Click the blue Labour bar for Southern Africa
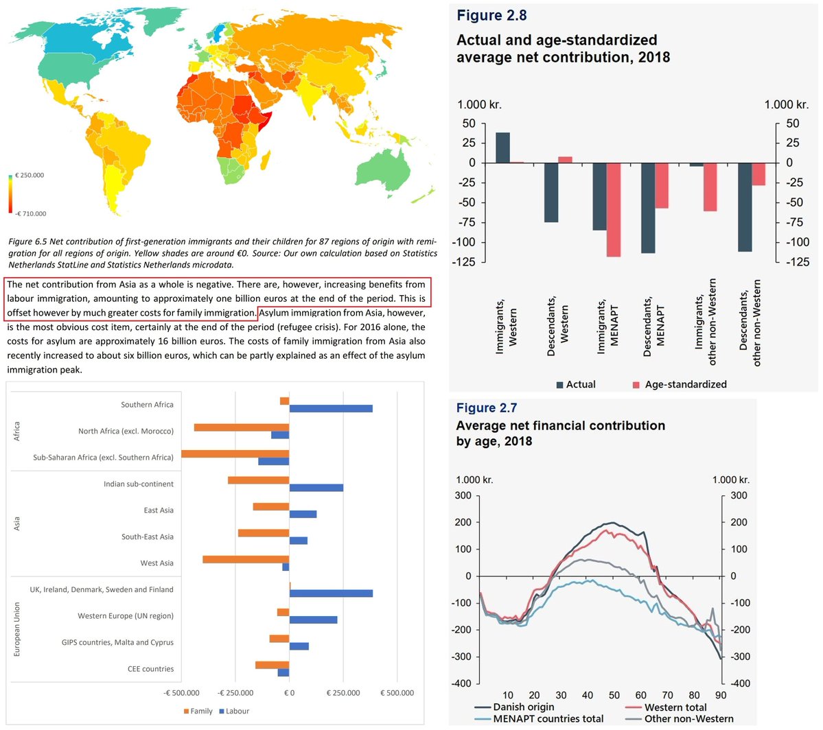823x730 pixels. [331, 409]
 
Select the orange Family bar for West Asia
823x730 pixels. [246, 559]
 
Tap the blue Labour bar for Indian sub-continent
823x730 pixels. [316, 488]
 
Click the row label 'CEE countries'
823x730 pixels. [150, 669]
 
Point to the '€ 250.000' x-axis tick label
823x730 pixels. [343, 693]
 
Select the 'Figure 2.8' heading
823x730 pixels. [491, 16]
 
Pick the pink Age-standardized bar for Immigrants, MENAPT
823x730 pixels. [613, 209]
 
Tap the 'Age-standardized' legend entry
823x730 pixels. [685, 384]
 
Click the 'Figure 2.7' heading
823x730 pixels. [487, 408]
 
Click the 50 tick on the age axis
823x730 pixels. [614, 695]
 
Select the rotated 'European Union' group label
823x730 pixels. [17, 630]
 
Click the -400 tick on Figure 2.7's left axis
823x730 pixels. [463, 683]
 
